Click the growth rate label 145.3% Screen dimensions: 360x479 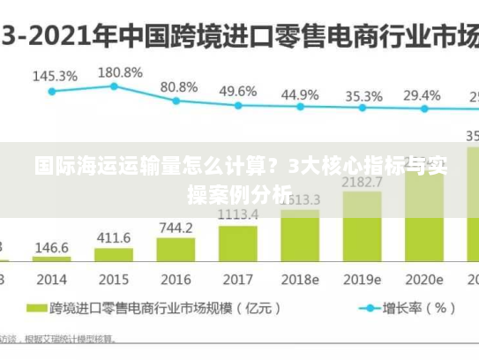[x=55, y=76]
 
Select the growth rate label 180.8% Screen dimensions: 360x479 [x=120, y=71]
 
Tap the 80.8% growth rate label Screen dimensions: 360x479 [x=179, y=87]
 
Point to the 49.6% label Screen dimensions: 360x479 [x=238, y=91]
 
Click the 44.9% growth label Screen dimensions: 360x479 [x=300, y=94]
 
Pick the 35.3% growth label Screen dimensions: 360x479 [x=363, y=96]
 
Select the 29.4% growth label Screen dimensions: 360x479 [x=422, y=95]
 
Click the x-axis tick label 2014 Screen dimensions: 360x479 [x=52, y=279]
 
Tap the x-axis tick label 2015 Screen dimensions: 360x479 [x=114, y=279]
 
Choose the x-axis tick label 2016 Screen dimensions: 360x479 [x=176, y=279]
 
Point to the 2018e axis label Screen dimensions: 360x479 [x=300, y=279]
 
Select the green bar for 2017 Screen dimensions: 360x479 [x=237, y=244]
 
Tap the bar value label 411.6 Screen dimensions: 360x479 [x=114, y=238]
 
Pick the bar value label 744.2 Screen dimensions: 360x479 [x=176, y=228]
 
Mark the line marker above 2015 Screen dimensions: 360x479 [x=115, y=86]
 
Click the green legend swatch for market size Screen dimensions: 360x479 [x=36, y=309]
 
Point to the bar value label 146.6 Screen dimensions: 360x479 [x=52, y=248]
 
